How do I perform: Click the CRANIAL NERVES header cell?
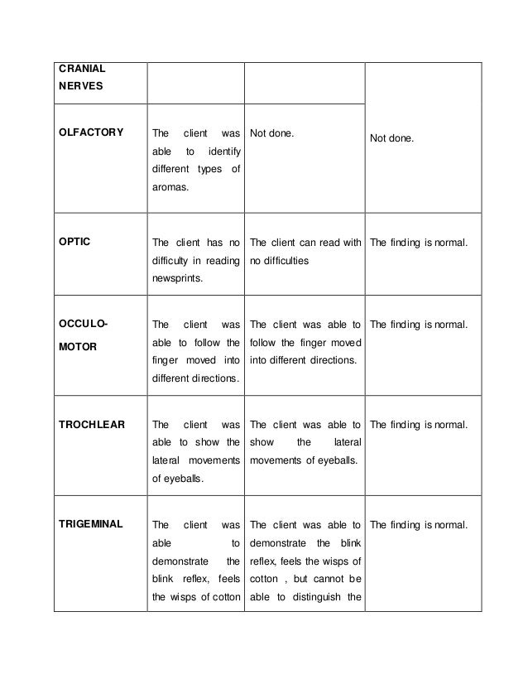pos(81,76)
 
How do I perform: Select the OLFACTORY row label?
pos(91,132)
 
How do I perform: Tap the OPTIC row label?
pos(75,243)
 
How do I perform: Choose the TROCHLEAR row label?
pos(92,425)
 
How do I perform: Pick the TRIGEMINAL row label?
pos(91,524)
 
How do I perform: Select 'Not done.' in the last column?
pos(391,139)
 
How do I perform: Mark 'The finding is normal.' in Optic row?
pos(419,243)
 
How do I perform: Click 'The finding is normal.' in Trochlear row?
pos(419,425)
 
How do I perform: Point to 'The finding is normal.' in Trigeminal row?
pos(419,524)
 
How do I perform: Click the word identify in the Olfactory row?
pos(222,152)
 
